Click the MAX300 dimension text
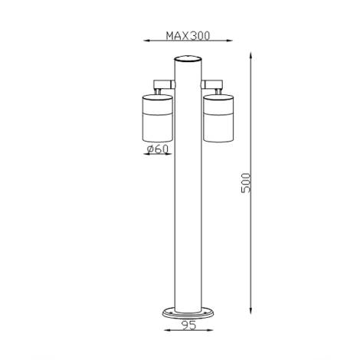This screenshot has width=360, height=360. click(x=187, y=35)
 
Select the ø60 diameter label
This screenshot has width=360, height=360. click(x=157, y=149)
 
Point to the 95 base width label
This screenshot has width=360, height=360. click(x=188, y=324)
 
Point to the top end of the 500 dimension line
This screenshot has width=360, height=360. click(x=253, y=54)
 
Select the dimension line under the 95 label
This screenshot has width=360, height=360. click(x=188, y=332)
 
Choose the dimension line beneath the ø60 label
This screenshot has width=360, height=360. click(x=158, y=155)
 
